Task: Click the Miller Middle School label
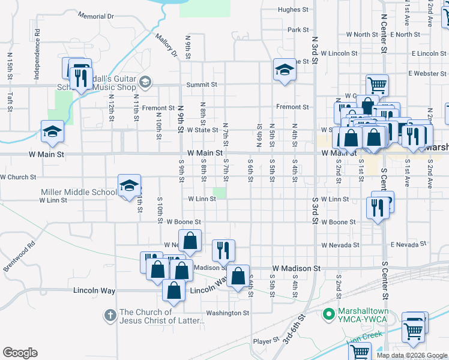[79, 192]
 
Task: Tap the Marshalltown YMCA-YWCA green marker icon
[328, 313]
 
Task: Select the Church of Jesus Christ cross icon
[110, 314]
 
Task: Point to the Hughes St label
[293, 10]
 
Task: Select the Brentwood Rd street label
[19, 257]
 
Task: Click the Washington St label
[228, 313]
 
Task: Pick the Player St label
[262, 341]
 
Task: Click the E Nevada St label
[409, 245]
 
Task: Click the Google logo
[20, 353]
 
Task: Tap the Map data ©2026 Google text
[411, 355]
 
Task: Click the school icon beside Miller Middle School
[129, 187]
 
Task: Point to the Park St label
[298, 29]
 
